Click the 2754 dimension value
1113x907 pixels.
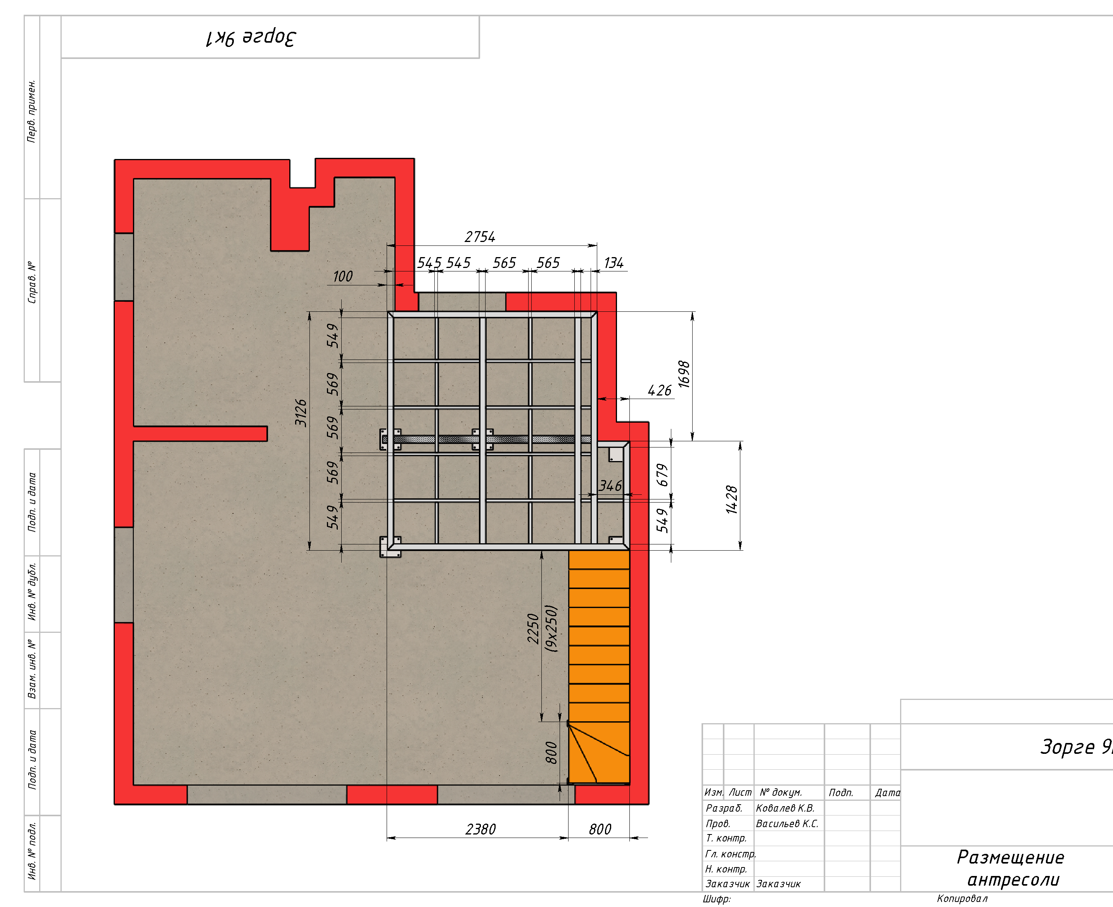480,237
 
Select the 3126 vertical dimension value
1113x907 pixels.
301,413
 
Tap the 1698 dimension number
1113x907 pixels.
684,374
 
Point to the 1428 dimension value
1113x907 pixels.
732,499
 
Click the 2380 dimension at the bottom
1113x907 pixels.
480,829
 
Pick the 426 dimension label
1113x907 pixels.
659,390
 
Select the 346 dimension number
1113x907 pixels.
610,486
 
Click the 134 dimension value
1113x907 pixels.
614,263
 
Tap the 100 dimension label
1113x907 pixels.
343,276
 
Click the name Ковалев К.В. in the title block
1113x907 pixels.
785,808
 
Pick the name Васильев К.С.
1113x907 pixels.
787,823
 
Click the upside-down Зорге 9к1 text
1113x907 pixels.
251,38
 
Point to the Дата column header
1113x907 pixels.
887,793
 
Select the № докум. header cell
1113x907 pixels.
781,793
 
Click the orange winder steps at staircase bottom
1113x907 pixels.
599,753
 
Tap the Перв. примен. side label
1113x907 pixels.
32,111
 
